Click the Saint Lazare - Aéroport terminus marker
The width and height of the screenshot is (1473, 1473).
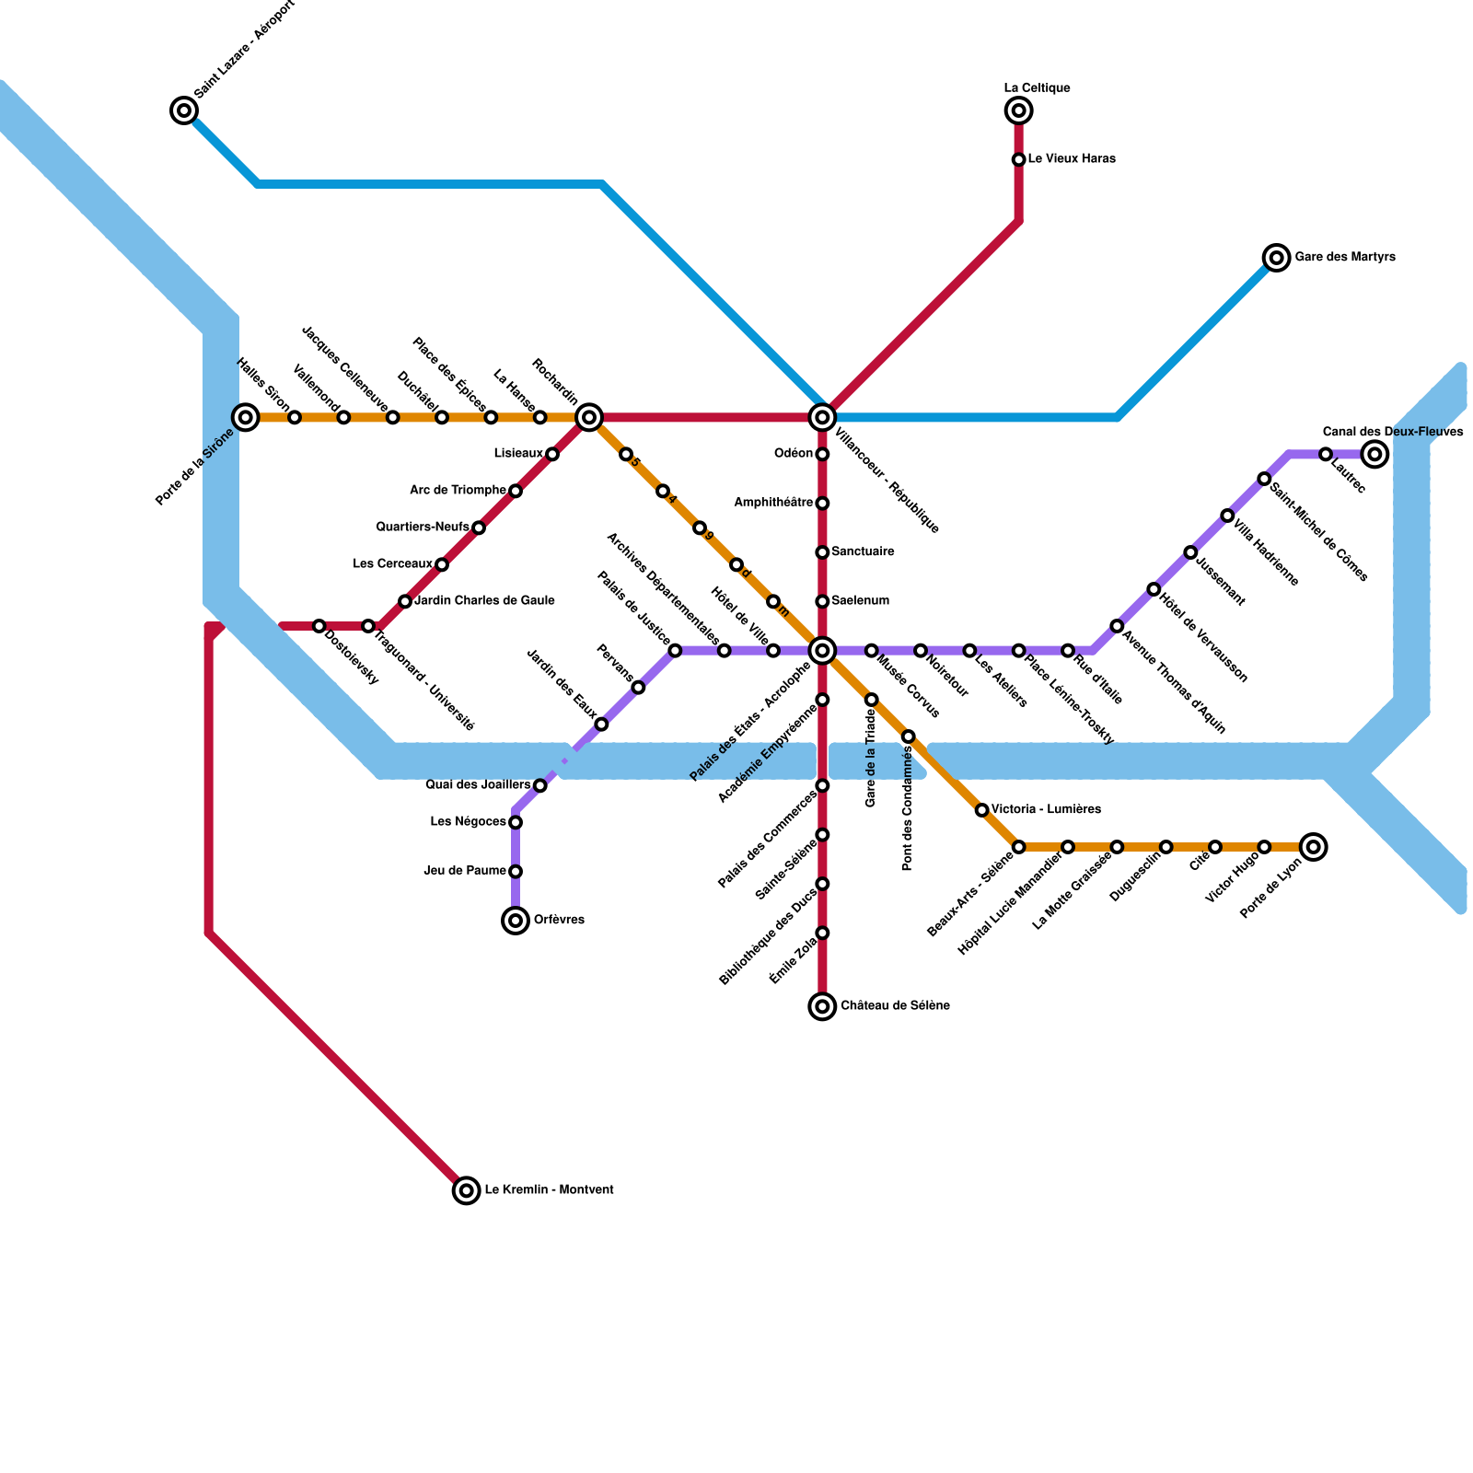coord(184,111)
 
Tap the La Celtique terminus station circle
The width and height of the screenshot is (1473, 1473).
coord(1018,111)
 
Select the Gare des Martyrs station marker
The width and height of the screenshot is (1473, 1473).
coord(1276,258)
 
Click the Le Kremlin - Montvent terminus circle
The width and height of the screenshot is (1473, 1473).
coord(467,1190)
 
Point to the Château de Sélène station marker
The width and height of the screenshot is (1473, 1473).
coord(822,1006)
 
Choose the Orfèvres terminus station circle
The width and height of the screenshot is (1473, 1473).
coord(516,920)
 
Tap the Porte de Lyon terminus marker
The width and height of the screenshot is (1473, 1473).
coord(1314,847)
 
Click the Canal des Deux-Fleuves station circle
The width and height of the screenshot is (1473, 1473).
coord(1374,454)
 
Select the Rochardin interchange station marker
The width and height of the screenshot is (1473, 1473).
coord(589,418)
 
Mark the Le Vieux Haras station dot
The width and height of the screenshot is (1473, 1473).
coord(1018,160)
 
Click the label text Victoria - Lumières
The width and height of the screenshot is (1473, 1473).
coord(1046,809)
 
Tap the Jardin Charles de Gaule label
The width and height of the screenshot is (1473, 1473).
coord(484,601)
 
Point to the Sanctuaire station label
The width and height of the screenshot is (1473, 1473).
coord(863,551)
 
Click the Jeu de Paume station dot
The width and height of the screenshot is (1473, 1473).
coord(516,871)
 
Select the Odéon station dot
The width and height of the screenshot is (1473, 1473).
coord(822,454)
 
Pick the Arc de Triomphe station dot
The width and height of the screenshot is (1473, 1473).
coord(516,491)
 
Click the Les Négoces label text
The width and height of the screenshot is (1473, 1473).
coord(468,821)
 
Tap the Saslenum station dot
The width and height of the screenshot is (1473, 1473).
coord(822,601)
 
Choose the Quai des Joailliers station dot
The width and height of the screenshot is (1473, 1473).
coord(540,785)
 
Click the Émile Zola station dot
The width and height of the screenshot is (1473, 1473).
coord(822,933)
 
